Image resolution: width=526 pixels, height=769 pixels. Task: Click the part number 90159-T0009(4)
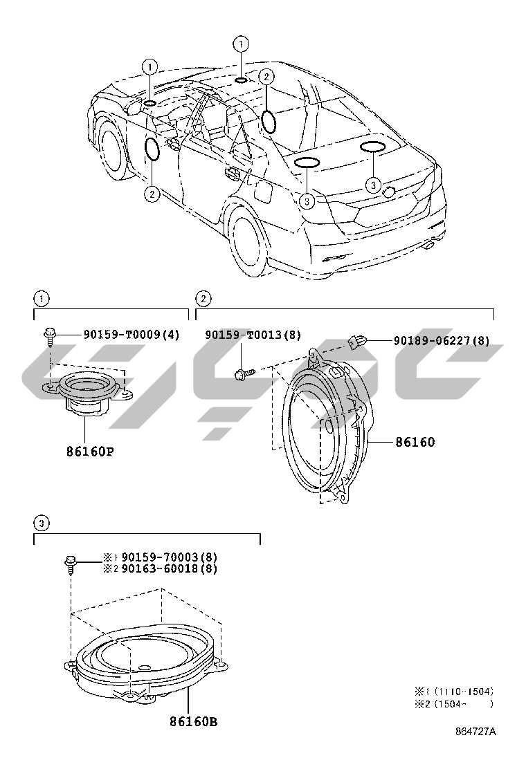click(131, 335)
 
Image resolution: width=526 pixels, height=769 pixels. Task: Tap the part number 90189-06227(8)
click(442, 340)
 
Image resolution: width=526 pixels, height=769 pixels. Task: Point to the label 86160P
click(90, 452)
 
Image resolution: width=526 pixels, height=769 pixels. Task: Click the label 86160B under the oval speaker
click(194, 722)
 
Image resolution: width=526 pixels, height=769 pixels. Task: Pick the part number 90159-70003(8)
click(169, 557)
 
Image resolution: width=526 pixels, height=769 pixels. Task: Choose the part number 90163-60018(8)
click(169, 568)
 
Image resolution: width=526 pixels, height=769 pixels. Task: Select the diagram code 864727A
click(475, 732)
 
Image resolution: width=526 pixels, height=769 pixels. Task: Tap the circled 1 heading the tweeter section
click(42, 299)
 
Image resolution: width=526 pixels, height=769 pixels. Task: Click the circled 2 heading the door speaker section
click(203, 299)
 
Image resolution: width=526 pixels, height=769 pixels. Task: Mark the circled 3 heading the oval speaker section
click(42, 523)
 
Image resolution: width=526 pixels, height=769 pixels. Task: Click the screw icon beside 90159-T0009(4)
click(51, 336)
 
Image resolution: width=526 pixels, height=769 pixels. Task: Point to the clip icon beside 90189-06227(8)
click(356, 340)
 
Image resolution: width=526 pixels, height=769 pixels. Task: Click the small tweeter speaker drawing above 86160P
click(87, 393)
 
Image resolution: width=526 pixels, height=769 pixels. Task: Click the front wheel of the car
click(114, 148)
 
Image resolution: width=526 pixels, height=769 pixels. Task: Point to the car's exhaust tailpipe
click(430, 244)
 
